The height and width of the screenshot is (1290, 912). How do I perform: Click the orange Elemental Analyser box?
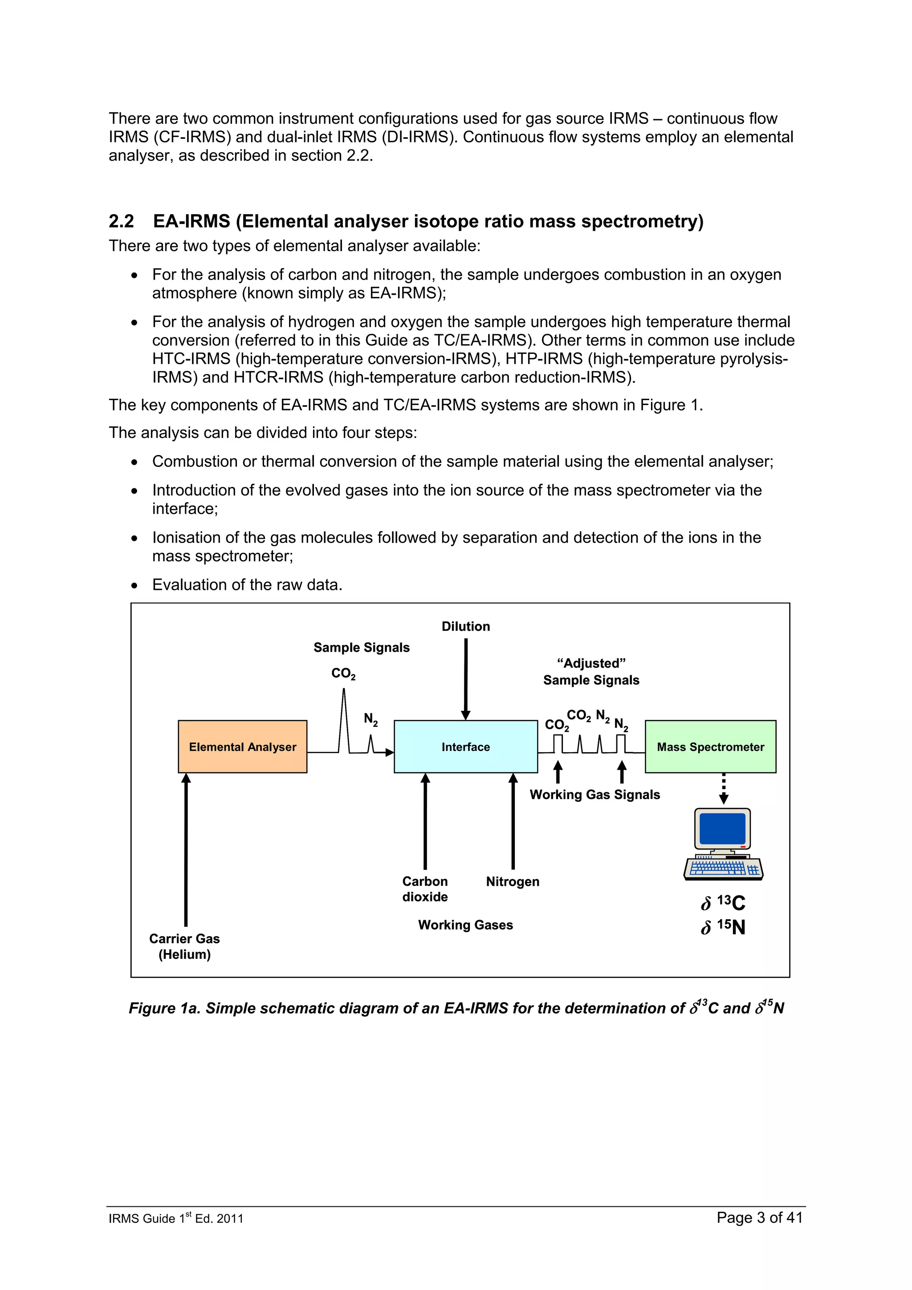coord(242,746)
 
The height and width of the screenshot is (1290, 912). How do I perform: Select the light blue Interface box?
coord(465,746)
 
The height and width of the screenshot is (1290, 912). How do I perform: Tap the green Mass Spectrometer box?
coord(710,746)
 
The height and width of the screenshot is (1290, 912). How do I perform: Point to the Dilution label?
coord(465,626)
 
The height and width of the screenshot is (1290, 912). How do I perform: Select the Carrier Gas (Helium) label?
coord(184,946)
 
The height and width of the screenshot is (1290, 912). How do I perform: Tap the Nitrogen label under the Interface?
coord(513,881)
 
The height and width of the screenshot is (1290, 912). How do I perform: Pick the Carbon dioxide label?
coord(425,889)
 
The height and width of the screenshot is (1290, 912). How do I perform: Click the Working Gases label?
coord(465,925)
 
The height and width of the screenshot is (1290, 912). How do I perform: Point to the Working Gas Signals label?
coord(594,795)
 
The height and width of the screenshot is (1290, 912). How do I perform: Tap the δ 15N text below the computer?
coord(723,927)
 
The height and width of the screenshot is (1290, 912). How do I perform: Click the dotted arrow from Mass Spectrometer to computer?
coord(724,788)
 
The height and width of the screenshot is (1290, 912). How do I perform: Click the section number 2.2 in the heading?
coord(122,221)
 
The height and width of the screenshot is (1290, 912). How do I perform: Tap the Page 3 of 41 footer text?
coord(759,1217)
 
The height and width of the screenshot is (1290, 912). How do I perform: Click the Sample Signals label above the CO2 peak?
coord(361,647)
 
